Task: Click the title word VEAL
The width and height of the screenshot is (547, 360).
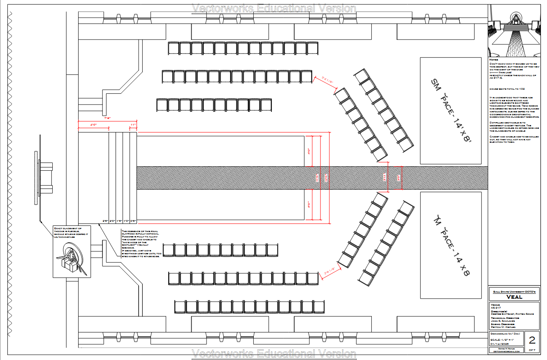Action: tap(514, 297)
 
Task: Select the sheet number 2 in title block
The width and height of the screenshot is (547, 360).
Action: tap(532, 340)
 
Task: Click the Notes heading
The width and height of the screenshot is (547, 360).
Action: tap(494, 60)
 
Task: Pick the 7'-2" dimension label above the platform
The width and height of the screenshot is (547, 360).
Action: tap(107, 118)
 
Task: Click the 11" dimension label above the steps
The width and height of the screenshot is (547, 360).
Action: tap(133, 124)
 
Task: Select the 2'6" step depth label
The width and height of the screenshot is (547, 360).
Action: tap(106, 221)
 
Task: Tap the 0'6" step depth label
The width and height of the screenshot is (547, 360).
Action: tap(133, 221)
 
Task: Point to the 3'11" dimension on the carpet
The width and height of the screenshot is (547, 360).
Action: tap(385, 178)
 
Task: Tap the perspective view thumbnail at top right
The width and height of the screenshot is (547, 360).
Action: tap(514, 31)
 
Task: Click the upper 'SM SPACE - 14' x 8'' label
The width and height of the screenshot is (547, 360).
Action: tap(450, 110)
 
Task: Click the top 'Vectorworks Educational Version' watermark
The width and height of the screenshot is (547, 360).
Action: tap(274, 8)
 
